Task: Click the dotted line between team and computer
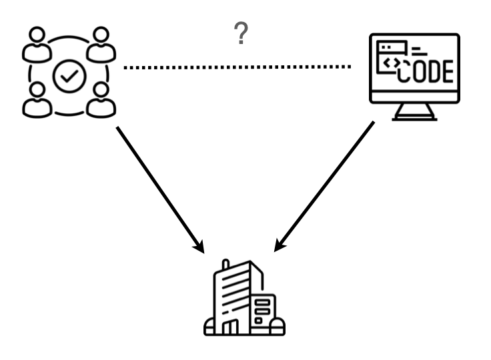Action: tap(237, 67)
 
